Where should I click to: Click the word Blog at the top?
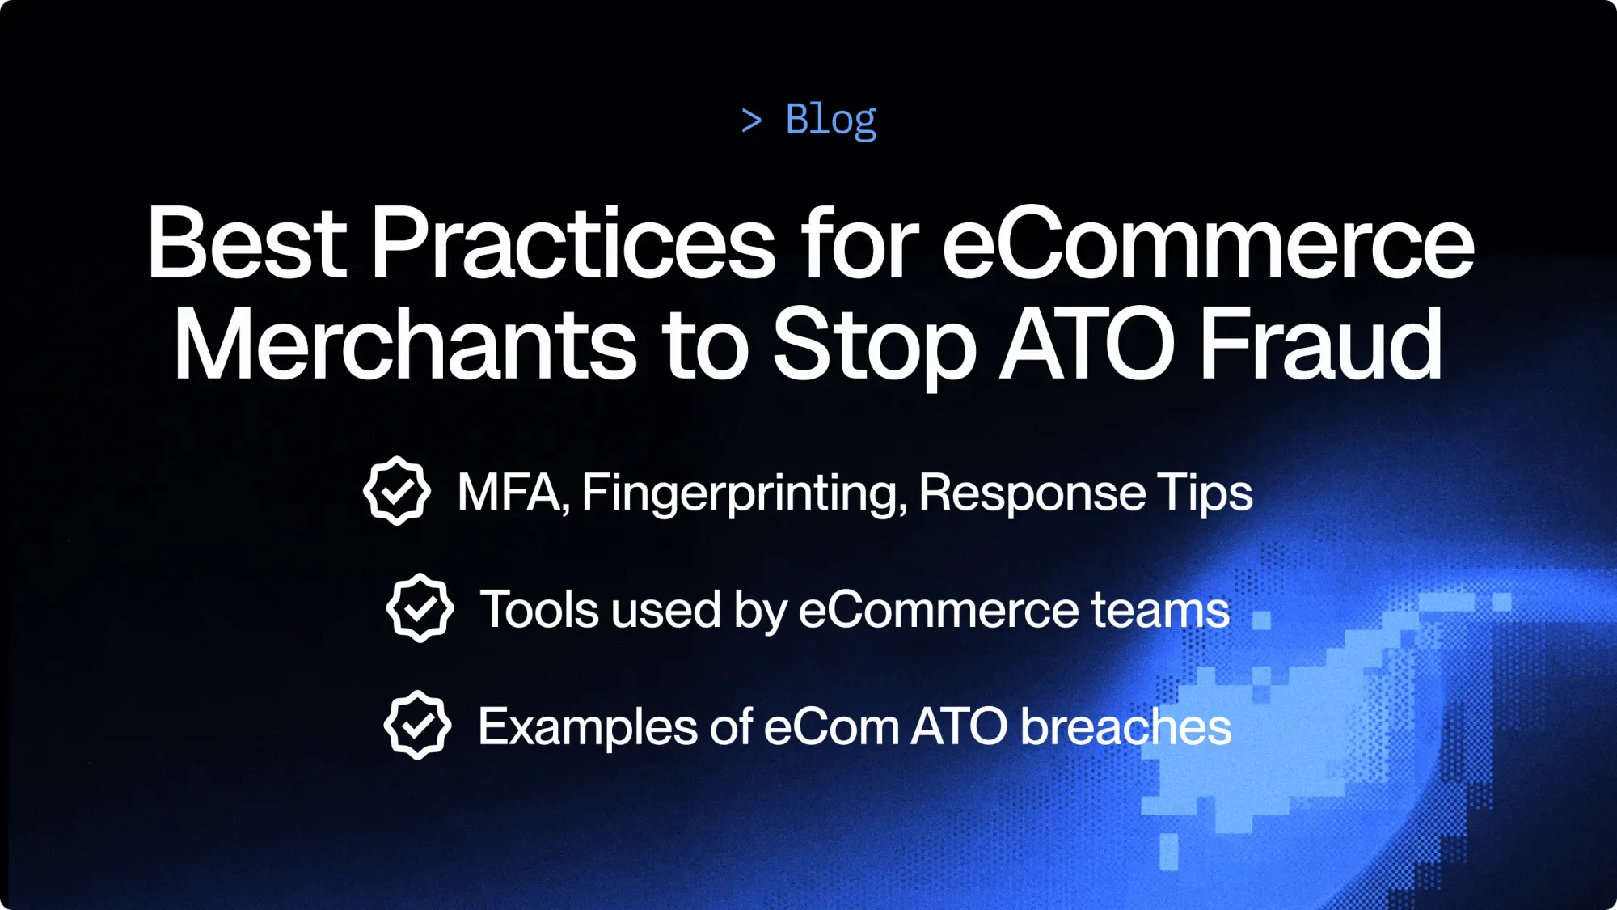tap(830, 120)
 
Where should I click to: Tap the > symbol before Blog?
tap(751, 121)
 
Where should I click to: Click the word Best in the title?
tap(247, 243)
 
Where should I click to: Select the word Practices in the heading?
tap(572, 243)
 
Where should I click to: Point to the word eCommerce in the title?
tap(1208, 243)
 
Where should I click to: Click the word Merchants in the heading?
tap(405, 345)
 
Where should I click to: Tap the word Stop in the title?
tap(874, 346)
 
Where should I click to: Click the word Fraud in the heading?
tap(1321, 345)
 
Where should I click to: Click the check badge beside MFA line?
tap(396, 491)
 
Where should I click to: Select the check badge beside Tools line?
tap(420, 608)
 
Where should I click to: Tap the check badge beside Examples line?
tap(417, 725)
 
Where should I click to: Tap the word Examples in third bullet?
tap(586, 726)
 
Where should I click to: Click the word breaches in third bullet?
tap(1125, 726)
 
